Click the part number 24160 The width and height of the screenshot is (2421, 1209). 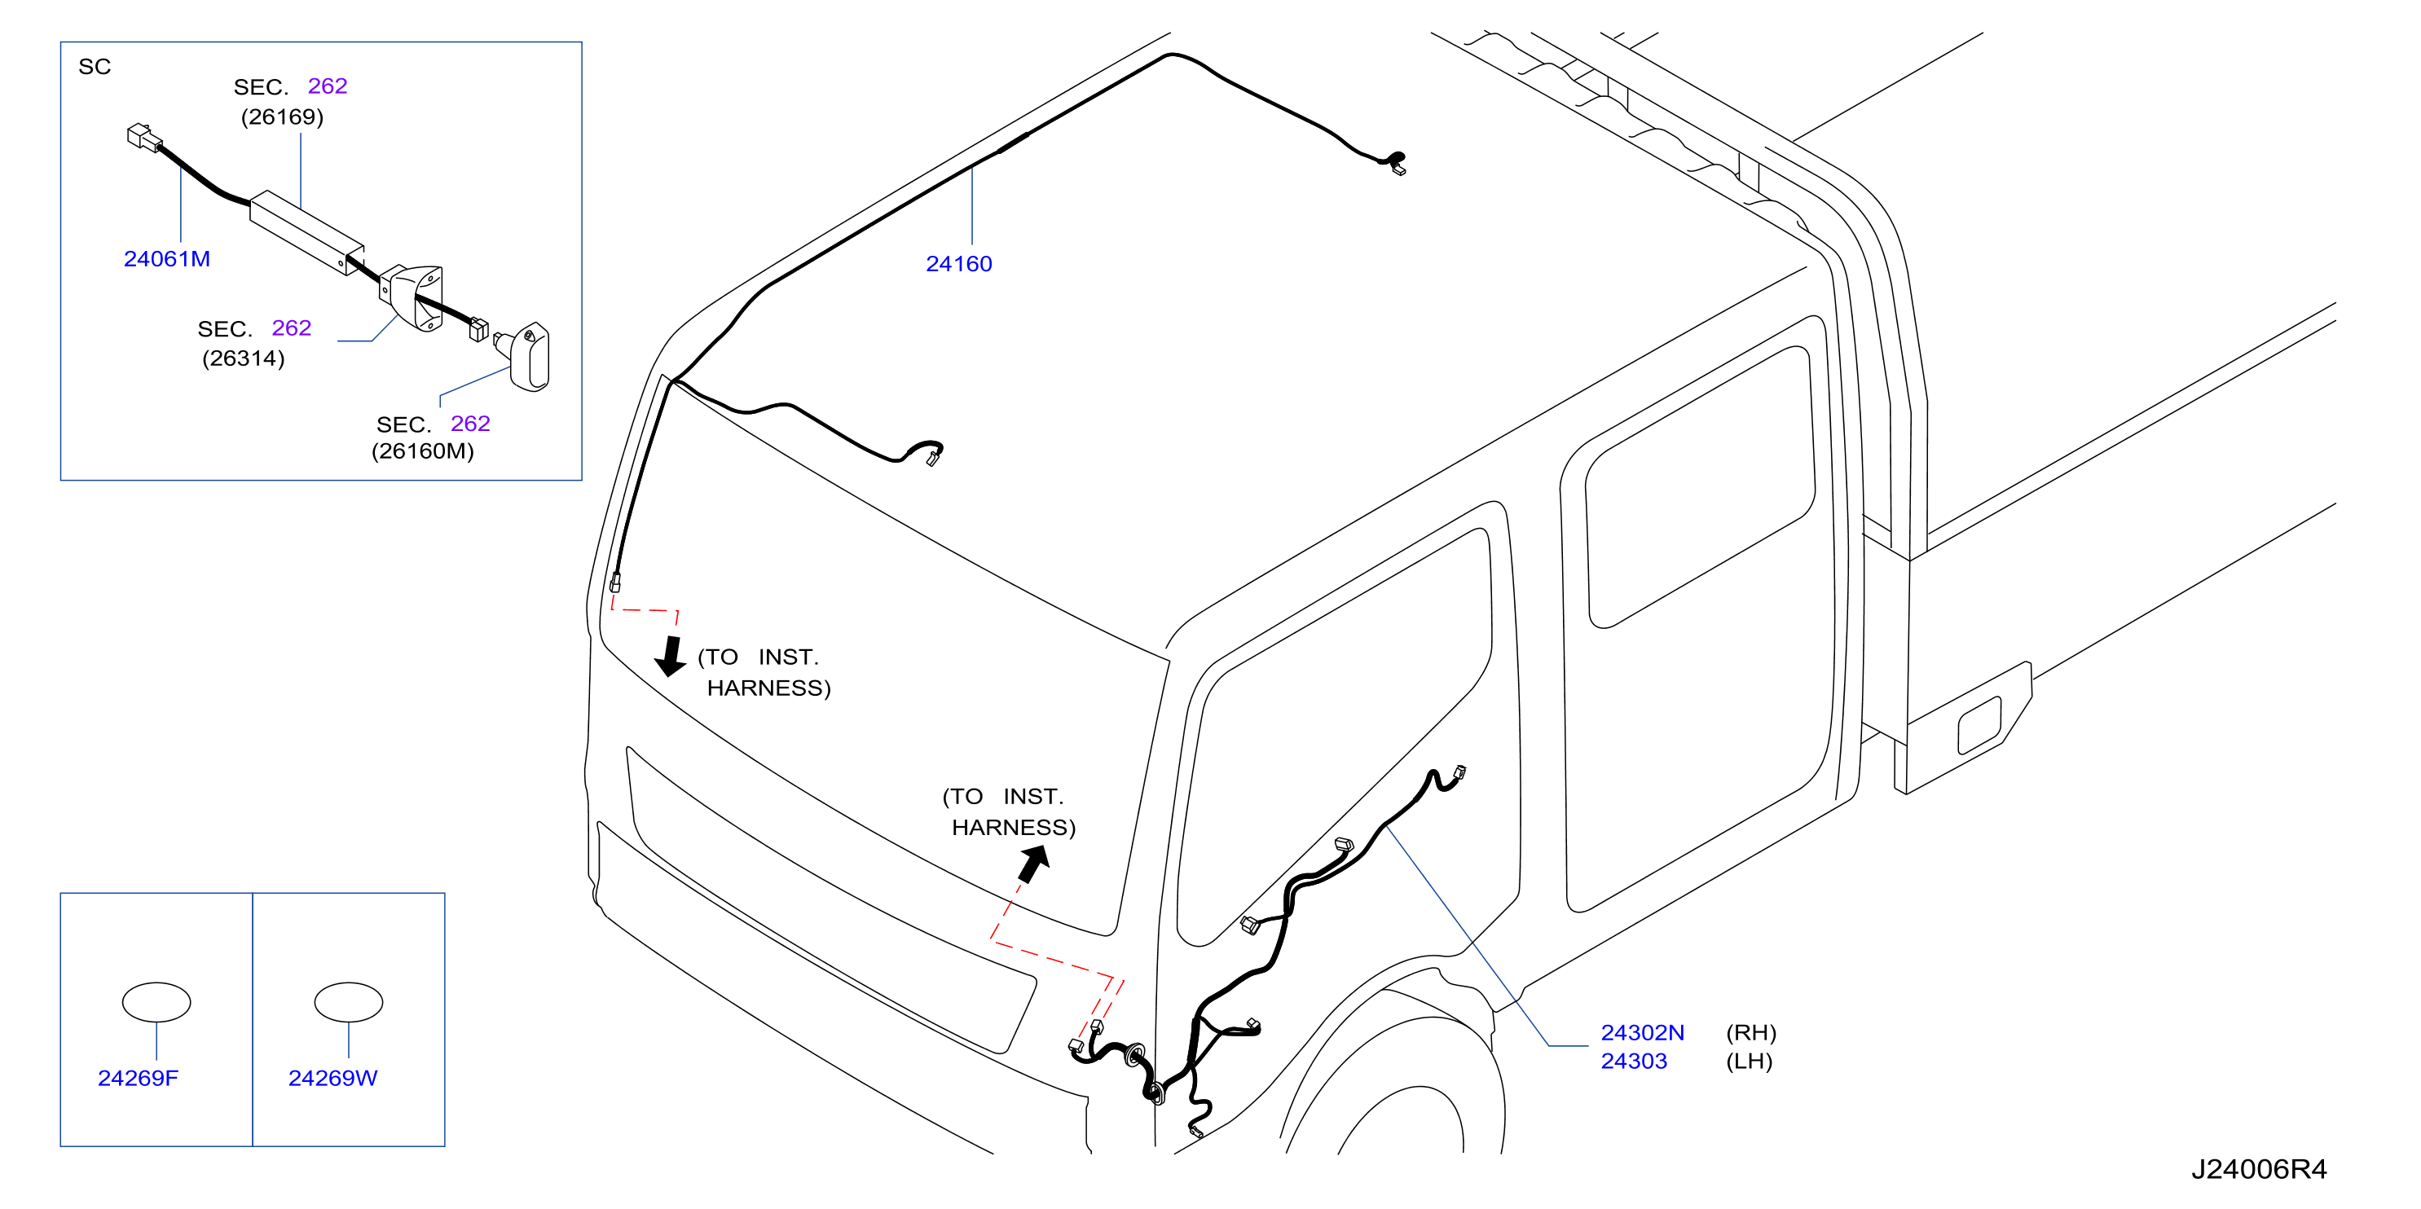[958, 264]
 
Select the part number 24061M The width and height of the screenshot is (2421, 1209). [167, 259]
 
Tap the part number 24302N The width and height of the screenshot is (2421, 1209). [1642, 1032]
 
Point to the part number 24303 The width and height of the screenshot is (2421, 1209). [1634, 1061]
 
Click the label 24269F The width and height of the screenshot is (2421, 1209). [139, 1078]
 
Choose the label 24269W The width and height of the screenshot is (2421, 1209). [332, 1078]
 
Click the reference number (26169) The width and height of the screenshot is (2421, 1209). [282, 117]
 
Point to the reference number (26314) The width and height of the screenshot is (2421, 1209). [244, 358]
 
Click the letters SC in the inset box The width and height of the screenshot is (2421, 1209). [95, 67]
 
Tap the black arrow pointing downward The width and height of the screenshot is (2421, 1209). [671, 656]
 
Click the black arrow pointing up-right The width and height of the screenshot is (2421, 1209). [1034, 864]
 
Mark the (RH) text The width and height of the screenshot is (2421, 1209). [1751, 1032]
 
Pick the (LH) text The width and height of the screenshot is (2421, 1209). [1749, 1061]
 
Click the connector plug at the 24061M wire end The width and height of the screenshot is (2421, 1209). [143, 137]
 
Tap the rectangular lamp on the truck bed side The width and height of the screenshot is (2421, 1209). [1979, 724]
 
